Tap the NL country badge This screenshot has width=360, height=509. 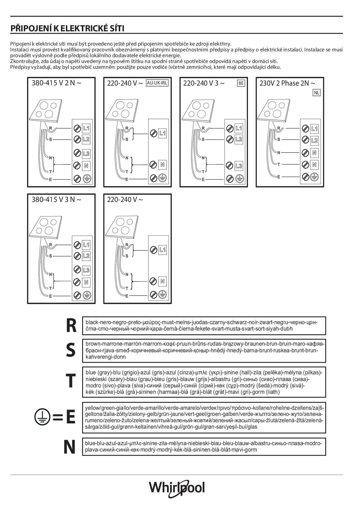pos(316,93)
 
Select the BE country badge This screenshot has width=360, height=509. pos(241,83)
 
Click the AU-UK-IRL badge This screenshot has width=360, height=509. pos(157,83)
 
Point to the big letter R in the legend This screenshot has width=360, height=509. pos(71,326)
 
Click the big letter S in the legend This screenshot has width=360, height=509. pos(71,350)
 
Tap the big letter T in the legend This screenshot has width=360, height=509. pos(71,381)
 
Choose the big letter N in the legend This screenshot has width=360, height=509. pos(69,447)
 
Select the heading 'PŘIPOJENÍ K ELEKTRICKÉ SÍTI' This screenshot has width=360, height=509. pos(67,28)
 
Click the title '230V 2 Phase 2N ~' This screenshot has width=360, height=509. pos(287,83)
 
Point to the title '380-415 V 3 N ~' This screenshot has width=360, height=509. pos(56,200)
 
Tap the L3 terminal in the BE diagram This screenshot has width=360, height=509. pos(239,166)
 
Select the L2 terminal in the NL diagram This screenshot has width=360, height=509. pos(314,141)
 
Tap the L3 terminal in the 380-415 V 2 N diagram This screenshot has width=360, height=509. pos(86,154)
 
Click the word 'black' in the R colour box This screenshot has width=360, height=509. pos(92,322)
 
